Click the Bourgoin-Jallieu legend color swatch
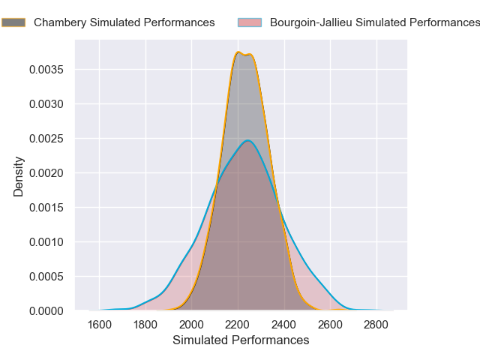pos(249,22)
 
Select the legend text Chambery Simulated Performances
pos(124,22)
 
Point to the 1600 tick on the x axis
pos(100,325)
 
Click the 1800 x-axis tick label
pos(145,325)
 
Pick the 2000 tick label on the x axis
pos(192,325)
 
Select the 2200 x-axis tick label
pos(238,325)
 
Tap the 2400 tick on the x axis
pos(284,325)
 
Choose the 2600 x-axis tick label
pos(331,325)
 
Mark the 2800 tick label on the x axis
pos(376,325)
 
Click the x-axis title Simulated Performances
pos(241,340)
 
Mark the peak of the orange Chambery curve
pos(238,52)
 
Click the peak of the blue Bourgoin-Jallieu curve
pos(247,140)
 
